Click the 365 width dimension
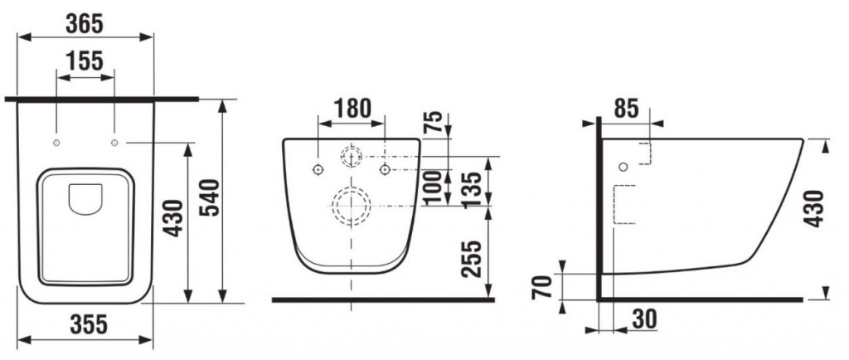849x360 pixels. pyautogui.click(x=85, y=24)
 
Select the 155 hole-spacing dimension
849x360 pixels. pyautogui.click(x=85, y=62)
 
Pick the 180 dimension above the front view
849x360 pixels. pyautogui.click(x=352, y=108)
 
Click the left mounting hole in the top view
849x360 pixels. pyautogui.click(x=56, y=144)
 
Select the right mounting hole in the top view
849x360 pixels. pyautogui.click(x=114, y=144)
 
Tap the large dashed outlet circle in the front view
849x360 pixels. pyautogui.click(x=352, y=205)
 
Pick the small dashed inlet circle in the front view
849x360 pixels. pyautogui.click(x=352, y=156)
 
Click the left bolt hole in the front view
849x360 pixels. pyautogui.click(x=318, y=169)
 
